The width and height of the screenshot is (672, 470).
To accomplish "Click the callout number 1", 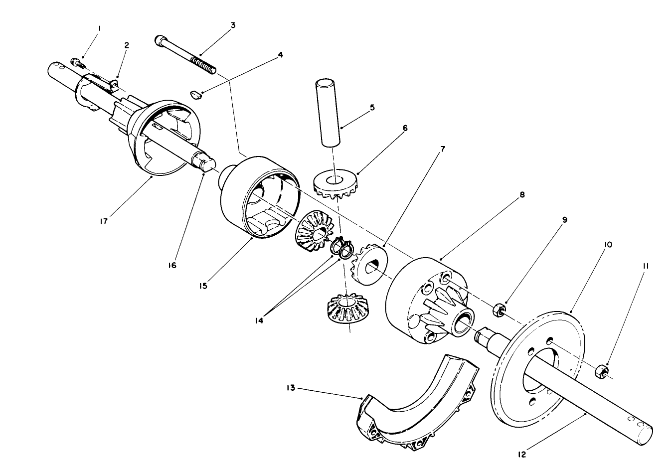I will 99,29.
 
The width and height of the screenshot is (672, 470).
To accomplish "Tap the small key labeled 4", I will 196,94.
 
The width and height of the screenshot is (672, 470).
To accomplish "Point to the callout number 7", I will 442,149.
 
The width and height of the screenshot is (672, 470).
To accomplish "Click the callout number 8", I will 522,195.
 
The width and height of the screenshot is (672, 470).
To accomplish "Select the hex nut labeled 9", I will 499,311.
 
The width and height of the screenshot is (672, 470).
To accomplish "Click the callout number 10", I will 608,244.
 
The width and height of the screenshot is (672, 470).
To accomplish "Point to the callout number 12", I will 521,454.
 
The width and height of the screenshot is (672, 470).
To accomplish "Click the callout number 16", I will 171,265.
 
